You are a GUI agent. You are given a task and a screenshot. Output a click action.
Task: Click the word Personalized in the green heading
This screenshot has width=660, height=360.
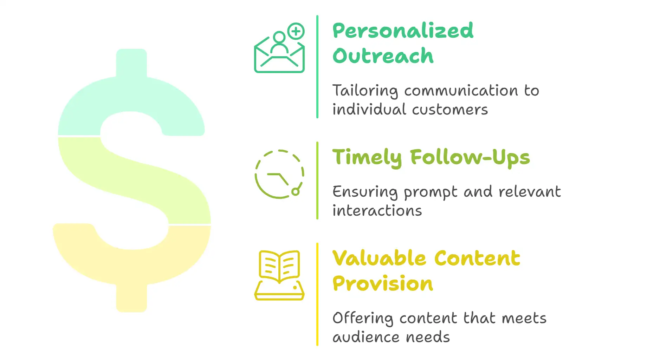click(x=403, y=31)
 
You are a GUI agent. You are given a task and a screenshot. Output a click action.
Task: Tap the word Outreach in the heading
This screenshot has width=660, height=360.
click(x=383, y=56)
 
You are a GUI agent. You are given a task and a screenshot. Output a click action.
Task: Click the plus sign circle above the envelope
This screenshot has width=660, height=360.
click(x=296, y=31)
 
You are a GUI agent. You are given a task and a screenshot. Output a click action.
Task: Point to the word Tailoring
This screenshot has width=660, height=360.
click(x=365, y=91)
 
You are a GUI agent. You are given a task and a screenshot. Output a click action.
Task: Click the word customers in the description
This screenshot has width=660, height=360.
click(x=450, y=110)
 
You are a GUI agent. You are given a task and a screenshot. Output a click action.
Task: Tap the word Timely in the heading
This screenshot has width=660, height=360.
click(x=367, y=157)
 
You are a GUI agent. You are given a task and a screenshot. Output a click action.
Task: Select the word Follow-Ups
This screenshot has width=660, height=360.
click(x=470, y=157)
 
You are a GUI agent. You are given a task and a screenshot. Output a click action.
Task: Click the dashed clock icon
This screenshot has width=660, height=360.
click(x=279, y=174)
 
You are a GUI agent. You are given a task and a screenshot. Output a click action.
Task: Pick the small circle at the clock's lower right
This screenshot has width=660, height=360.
click(x=296, y=191)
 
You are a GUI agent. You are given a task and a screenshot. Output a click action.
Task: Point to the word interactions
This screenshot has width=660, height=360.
click(x=377, y=211)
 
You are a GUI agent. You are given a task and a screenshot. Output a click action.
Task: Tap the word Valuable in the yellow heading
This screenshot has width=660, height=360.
click(x=380, y=258)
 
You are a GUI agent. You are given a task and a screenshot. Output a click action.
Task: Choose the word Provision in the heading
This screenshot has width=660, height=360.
click(x=383, y=283)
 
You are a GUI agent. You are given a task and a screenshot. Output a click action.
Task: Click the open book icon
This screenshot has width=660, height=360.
click(x=279, y=275)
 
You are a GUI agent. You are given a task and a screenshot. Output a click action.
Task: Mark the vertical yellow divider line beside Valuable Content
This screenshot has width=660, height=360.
click(x=317, y=294)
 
